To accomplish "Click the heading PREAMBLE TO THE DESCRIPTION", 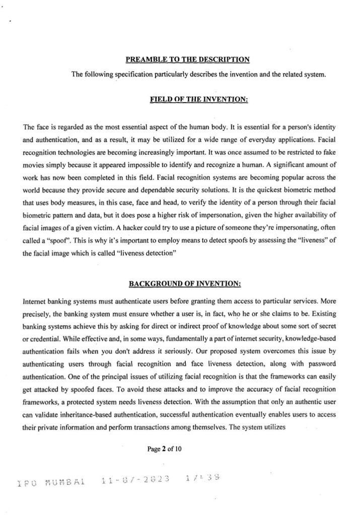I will [187, 60].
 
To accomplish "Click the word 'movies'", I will [37, 165].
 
